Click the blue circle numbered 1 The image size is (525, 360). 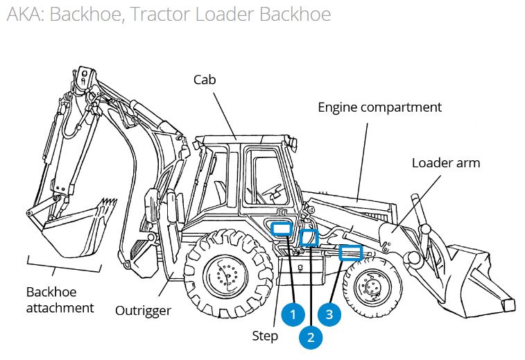tap(293, 314)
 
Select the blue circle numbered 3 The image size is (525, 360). tap(329, 314)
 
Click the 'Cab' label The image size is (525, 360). tap(204, 80)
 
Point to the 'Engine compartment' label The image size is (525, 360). tap(379, 108)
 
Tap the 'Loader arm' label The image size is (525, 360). tap(446, 163)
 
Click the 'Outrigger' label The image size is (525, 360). tap(143, 310)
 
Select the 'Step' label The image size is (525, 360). tap(265, 336)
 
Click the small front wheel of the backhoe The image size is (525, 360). tap(372, 286)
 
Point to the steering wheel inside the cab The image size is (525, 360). tap(273, 190)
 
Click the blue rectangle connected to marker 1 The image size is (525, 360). tap(281, 229)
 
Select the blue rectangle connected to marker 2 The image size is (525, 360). tap(309, 237)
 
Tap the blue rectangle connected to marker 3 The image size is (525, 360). tap(350, 252)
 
